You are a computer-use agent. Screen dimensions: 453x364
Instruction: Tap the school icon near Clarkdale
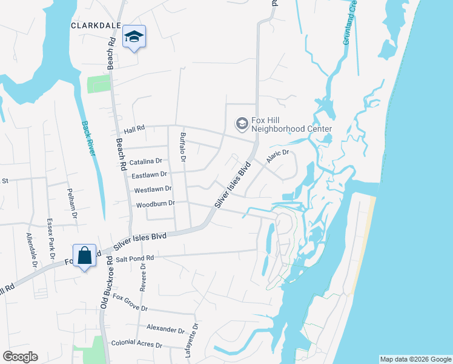pyautogui.click(x=134, y=38)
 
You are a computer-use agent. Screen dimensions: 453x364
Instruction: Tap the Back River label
pyautogui.click(x=89, y=138)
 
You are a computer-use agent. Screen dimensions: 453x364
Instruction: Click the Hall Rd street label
pyautogui.click(x=134, y=130)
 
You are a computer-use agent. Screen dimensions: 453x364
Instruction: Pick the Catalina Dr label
pyautogui.click(x=146, y=162)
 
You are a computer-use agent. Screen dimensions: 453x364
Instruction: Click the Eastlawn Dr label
pyautogui.click(x=148, y=175)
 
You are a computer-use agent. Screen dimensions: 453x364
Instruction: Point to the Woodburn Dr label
pyautogui.click(x=156, y=204)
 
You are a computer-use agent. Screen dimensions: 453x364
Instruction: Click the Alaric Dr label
pyautogui.click(x=278, y=157)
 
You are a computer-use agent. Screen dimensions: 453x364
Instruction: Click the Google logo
pyautogui.click(x=20, y=357)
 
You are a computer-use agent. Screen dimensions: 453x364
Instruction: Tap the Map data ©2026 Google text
pyautogui.click(x=415, y=359)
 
